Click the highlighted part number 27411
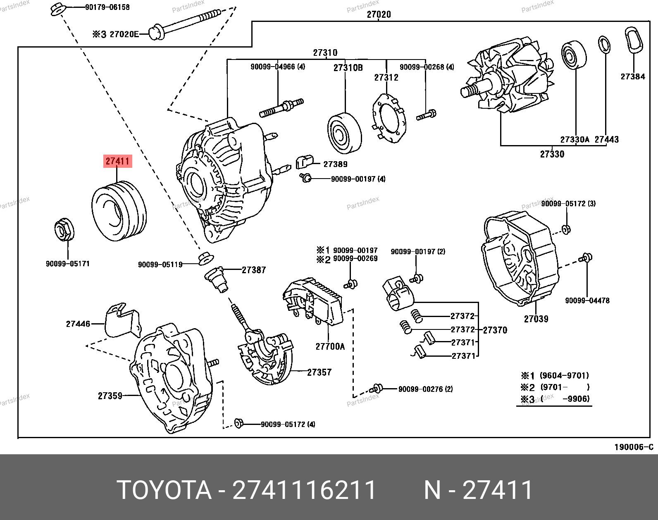tap(118, 161)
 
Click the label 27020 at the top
tap(379, 15)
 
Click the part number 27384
tap(632, 76)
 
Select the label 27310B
tap(348, 67)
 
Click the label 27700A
tap(330, 346)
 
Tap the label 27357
tap(319, 372)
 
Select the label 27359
tap(110, 396)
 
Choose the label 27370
tap(495, 330)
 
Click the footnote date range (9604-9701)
tap(565, 376)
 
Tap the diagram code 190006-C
tap(634, 447)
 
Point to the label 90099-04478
tap(587, 301)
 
